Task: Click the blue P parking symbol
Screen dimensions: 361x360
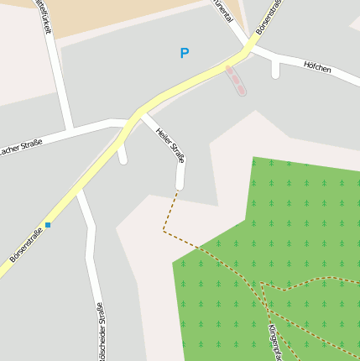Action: pyautogui.click(x=185, y=53)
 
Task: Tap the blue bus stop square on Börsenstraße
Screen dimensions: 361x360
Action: pyautogui.click(x=48, y=225)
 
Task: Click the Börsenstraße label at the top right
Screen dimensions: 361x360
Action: pyautogui.click(x=270, y=18)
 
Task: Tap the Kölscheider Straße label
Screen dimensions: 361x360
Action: pyautogui.click(x=102, y=332)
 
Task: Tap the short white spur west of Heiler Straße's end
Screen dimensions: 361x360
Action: pyautogui.click(x=123, y=155)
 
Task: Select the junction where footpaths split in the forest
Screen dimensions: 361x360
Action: pyautogui.click(x=263, y=283)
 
